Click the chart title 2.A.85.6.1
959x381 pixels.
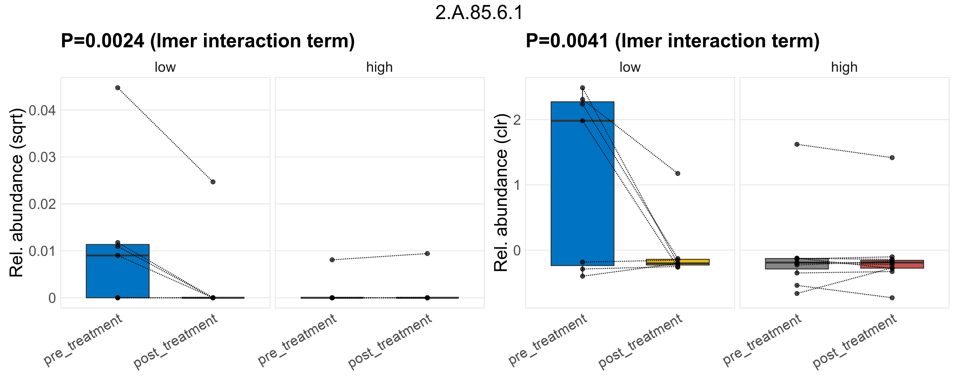[x=479, y=13]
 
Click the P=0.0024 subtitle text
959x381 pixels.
[x=207, y=41]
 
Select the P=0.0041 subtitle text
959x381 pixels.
[x=672, y=41]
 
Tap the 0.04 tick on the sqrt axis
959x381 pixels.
[x=42, y=110]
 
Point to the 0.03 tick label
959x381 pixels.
[x=42, y=157]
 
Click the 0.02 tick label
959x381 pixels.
[x=42, y=204]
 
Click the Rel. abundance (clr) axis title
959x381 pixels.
[x=501, y=192]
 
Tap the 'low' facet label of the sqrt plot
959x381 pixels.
[x=165, y=67]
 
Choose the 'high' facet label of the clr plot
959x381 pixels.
[x=844, y=67]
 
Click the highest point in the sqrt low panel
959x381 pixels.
[x=117, y=88]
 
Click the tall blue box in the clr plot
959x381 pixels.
[x=582, y=186]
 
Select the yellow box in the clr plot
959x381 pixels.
[x=678, y=262]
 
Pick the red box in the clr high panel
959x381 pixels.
[x=892, y=264]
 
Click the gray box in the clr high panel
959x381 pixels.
[x=797, y=264]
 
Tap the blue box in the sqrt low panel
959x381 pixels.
[x=117, y=275]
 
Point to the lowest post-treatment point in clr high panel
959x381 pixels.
[x=892, y=298]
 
